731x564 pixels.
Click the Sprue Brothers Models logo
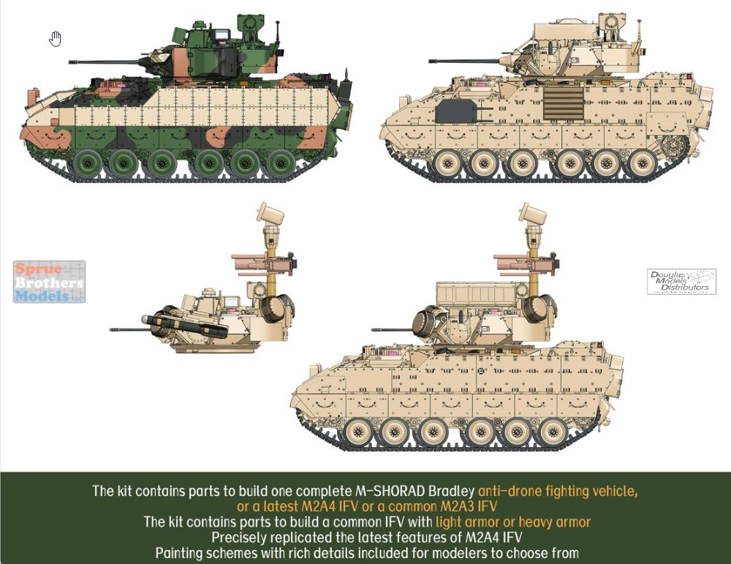pos(50,282)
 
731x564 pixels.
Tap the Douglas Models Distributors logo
pos(681,282)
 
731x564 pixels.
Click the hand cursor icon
pos(55,40)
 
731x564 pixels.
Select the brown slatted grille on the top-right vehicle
pos(564,103)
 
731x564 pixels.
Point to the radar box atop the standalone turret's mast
pos(270,214)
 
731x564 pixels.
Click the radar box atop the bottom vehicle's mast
pos(533,214)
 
